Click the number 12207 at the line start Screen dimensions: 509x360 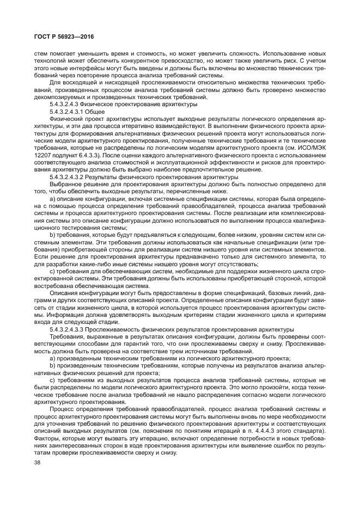tap(43, 155)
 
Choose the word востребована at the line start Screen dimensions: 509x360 tap(56, 286)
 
